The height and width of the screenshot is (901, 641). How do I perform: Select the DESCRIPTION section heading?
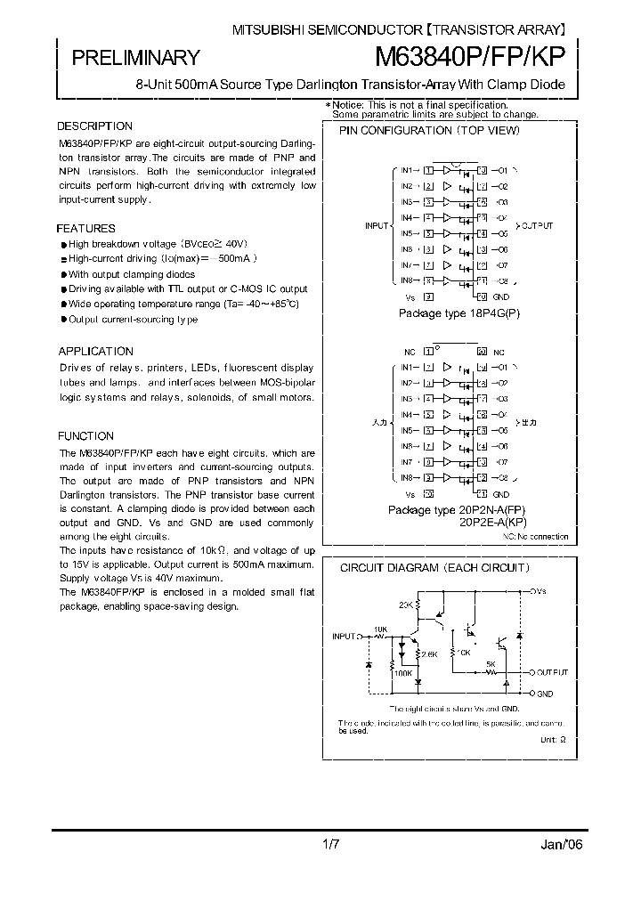(x=95, y=126)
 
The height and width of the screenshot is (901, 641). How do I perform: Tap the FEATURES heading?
(x=87, y=229)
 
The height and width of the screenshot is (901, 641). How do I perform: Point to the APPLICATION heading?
(x=96, y=352)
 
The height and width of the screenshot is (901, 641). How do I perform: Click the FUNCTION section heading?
(x=86, y=436)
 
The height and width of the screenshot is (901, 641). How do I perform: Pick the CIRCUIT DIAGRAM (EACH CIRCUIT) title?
(x=435, y=567)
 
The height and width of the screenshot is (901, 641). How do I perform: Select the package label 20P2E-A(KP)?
(x=492, y=523)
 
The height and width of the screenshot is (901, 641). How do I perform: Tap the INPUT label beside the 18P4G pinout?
(x=377, y=226)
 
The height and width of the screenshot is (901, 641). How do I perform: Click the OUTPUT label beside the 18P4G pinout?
(x=536, y=226)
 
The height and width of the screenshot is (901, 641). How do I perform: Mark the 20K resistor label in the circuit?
(x=406, y=605)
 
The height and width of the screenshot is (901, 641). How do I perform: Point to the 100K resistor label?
(x=402, y=673)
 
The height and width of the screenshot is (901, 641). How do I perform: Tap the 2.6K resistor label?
(x=431, y=654)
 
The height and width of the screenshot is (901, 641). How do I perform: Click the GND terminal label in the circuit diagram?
(x=545, y=693)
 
